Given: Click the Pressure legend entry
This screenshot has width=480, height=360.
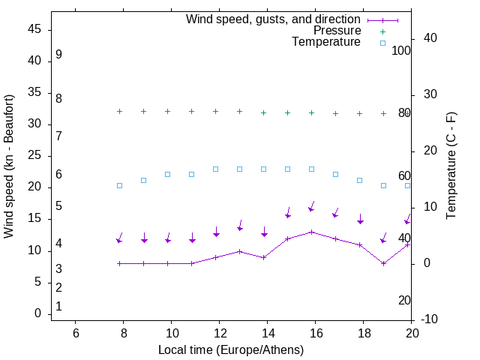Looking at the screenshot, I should [x=337, y=31].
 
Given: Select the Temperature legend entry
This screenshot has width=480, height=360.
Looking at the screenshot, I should [x=326, y=42].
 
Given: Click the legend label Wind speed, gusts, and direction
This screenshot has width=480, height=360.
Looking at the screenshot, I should [x=274, y=19].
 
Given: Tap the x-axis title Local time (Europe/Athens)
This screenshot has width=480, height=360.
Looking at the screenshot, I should [x=231, y=349].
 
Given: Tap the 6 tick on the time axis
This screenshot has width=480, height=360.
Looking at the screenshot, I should [x=76, y=332].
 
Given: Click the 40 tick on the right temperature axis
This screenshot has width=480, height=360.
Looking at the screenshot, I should [x=430, y=38].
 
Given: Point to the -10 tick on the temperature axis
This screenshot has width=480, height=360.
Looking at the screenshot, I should [x=429, y=320].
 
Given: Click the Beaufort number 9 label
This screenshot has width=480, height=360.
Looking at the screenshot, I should [x=58, y=55].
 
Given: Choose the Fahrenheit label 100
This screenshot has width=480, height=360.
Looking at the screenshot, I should [x=402, y=50].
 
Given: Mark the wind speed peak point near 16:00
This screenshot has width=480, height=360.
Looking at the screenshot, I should [x=312, y=232].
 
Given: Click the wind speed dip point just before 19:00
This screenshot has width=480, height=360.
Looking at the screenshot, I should [x=384, y=263].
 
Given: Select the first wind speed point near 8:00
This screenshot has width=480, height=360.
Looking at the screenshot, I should [x=120, y=263].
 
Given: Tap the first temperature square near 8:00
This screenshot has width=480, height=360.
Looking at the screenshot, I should [x=120, y=185].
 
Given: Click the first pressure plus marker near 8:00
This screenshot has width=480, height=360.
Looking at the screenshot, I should [x=120, y=111].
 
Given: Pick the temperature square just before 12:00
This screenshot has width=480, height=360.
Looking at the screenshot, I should [x=216, y=169].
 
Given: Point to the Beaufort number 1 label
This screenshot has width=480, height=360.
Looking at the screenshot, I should [x=58, y=307].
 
